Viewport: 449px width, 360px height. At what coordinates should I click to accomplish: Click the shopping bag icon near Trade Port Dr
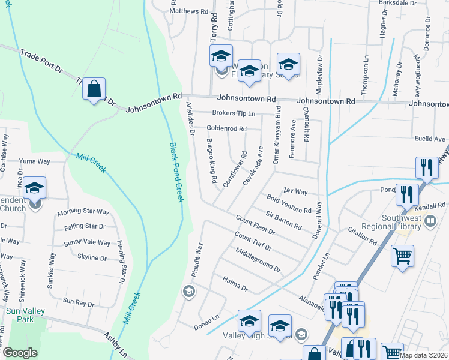click(x=94, y=90)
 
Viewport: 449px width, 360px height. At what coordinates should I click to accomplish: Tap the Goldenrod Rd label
click(x=226, y=128)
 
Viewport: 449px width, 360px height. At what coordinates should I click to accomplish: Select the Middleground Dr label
click(x=258, y=259)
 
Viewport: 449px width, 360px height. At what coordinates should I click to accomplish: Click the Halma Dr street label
click(x=235, y=281)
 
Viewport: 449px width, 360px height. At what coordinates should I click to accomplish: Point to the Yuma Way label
click(x=34, y=161)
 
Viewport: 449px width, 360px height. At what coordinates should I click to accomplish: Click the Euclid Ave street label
click(x=430, y=139)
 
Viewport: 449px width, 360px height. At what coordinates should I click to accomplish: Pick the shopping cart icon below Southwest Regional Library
click(x=402, y=256)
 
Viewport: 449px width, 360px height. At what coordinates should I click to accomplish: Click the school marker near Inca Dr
click(x=35, y=188)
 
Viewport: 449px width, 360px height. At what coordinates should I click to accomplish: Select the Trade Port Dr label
click(x=41, y=61)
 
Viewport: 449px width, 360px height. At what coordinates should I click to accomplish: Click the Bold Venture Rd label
click(x=289, y=204)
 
